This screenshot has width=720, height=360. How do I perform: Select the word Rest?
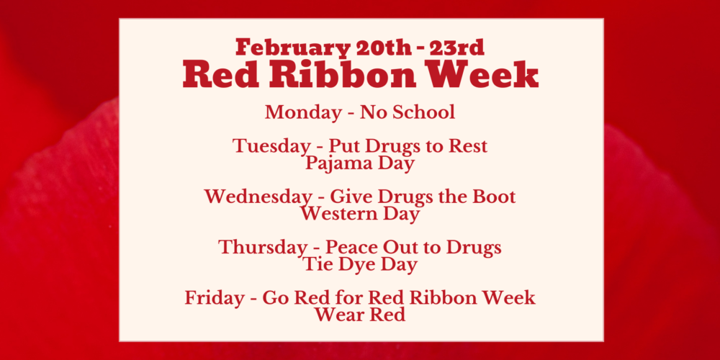467,146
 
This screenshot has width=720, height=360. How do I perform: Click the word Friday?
215,298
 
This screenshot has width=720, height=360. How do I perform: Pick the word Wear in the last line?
336,315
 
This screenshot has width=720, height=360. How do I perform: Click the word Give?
348,197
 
